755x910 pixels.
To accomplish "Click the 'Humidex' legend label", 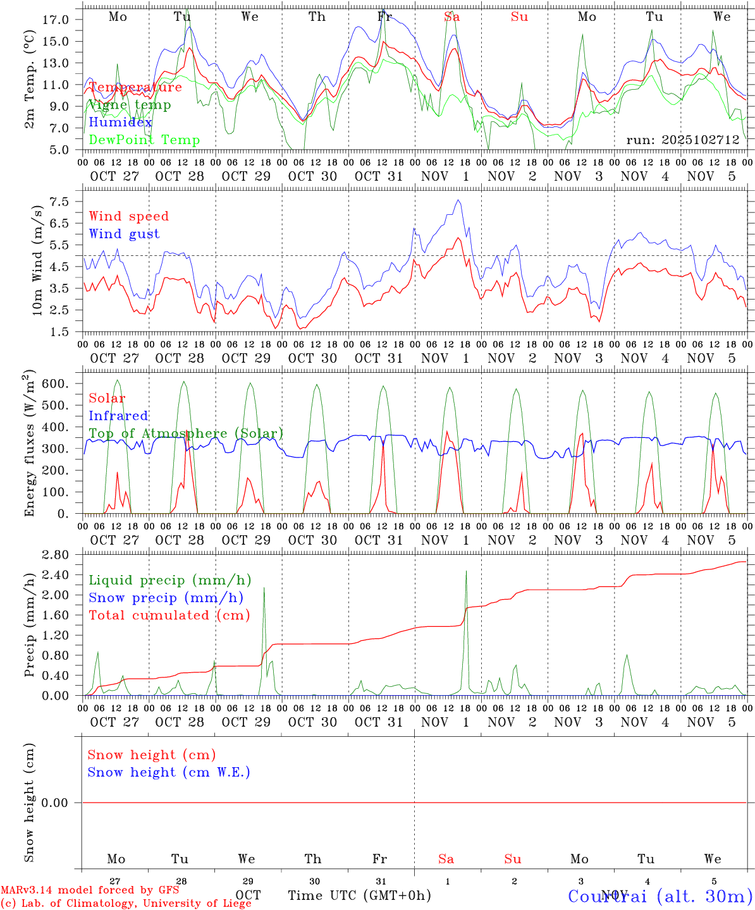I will [x=120, y=123].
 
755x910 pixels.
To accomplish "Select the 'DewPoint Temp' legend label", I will [x=144, y=140].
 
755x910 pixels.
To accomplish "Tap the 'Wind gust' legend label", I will [x=124, y=234].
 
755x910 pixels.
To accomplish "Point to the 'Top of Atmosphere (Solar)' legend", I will [x=186, y=434].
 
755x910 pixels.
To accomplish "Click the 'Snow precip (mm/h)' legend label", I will [x=166, y=598].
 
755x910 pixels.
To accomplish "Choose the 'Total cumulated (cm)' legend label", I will [x=169, y=616].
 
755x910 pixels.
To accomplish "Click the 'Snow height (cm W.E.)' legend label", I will [x=168, y=772].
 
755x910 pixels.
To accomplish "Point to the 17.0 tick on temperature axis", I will [x=59, y=20].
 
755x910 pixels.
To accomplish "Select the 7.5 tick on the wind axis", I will [x=63, y=202].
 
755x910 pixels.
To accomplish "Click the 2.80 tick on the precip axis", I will [x=57, y=555].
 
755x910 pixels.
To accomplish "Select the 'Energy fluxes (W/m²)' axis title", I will [x=30, y=445].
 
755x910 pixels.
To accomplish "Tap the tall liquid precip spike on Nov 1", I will [x=466, y=572].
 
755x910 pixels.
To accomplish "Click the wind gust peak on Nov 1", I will [x=458, y=201].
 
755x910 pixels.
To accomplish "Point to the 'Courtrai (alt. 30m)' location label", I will [x=660, y=896].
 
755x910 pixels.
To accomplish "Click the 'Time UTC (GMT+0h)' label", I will [x=359, y=895].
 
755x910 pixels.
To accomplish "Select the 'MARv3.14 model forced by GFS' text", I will [x=90, y=890].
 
